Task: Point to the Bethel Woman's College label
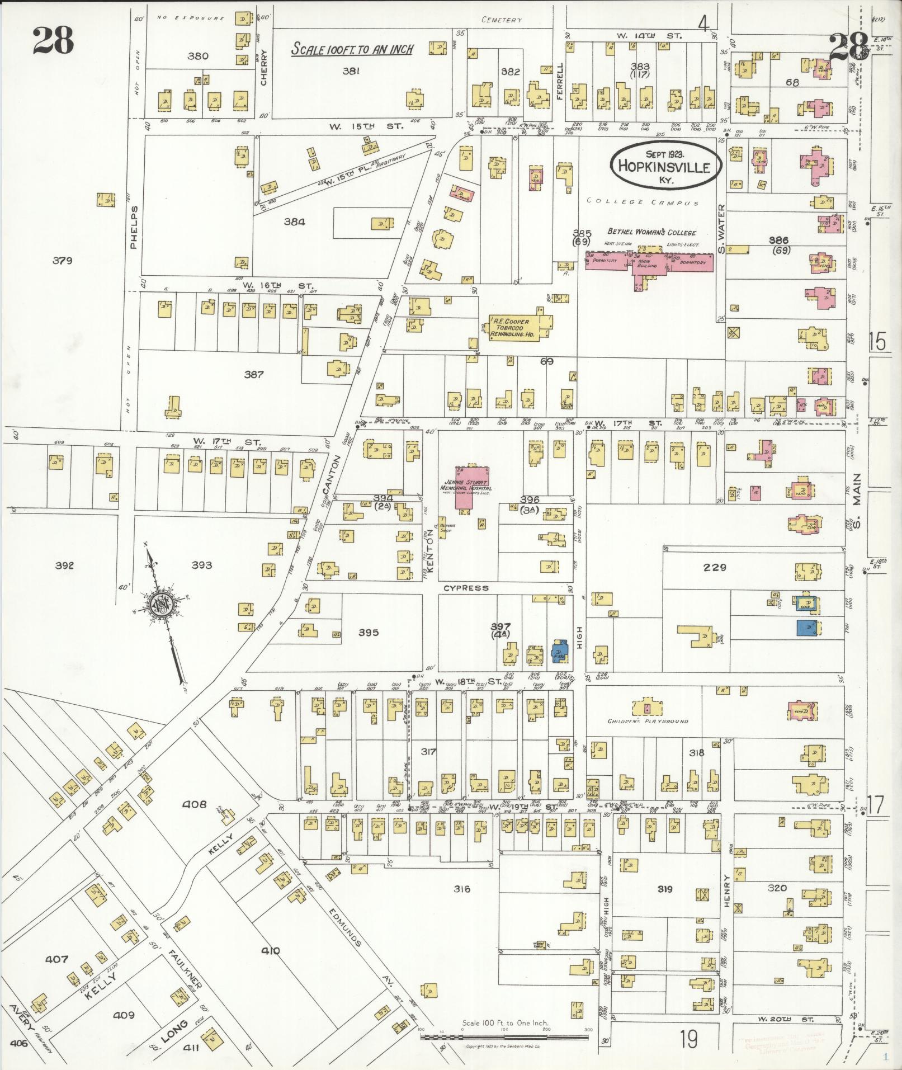coord(651,232)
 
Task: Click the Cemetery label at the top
coord(502,20)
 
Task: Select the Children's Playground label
coord(648,721)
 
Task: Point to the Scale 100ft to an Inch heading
coord(352,49)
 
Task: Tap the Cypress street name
coord(466,588)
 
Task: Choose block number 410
coord(270,950)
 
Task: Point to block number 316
coord(462,889)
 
